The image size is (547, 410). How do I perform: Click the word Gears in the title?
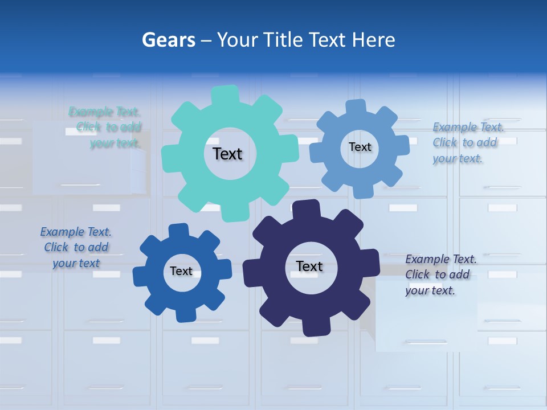[x=168, y=40]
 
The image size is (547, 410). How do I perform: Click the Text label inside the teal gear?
[x=227, y=154]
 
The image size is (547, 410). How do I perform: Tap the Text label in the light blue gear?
[x=360, y=147]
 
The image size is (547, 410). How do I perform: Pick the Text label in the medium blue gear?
[x=181, y=271]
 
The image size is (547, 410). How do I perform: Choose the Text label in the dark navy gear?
[x=309, y=266]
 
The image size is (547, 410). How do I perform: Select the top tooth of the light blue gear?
[x=356, y=107]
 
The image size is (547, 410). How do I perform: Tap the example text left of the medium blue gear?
[x=76, y=247]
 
